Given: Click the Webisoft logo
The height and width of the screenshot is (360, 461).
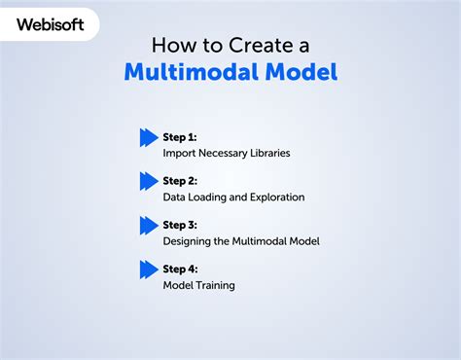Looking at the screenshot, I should click(x=50, y=24).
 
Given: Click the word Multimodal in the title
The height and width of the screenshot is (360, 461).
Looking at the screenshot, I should click(x=188, y=73).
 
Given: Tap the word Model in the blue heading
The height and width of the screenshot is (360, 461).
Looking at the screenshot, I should click(x=299, y=73).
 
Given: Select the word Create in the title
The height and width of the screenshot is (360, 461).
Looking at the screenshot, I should click(x=256, y=45).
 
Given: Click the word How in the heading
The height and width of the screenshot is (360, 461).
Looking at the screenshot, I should click(x=172, y=45).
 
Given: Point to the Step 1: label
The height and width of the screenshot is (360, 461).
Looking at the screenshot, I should click(x=180, y=137).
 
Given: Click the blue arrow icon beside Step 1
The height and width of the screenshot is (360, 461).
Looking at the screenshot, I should click(x=149, y=137).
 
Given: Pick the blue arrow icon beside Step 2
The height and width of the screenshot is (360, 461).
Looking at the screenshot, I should click(x=149, y=181).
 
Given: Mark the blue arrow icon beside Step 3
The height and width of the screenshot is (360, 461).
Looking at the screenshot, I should click(x=149, y=225).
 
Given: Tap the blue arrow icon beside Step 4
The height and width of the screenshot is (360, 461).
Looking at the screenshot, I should click(x=149, y=269).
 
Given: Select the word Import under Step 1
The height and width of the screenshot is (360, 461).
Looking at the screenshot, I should click(x=181, y=153).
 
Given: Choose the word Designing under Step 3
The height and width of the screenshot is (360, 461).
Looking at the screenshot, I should click(x=190, y=241).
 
